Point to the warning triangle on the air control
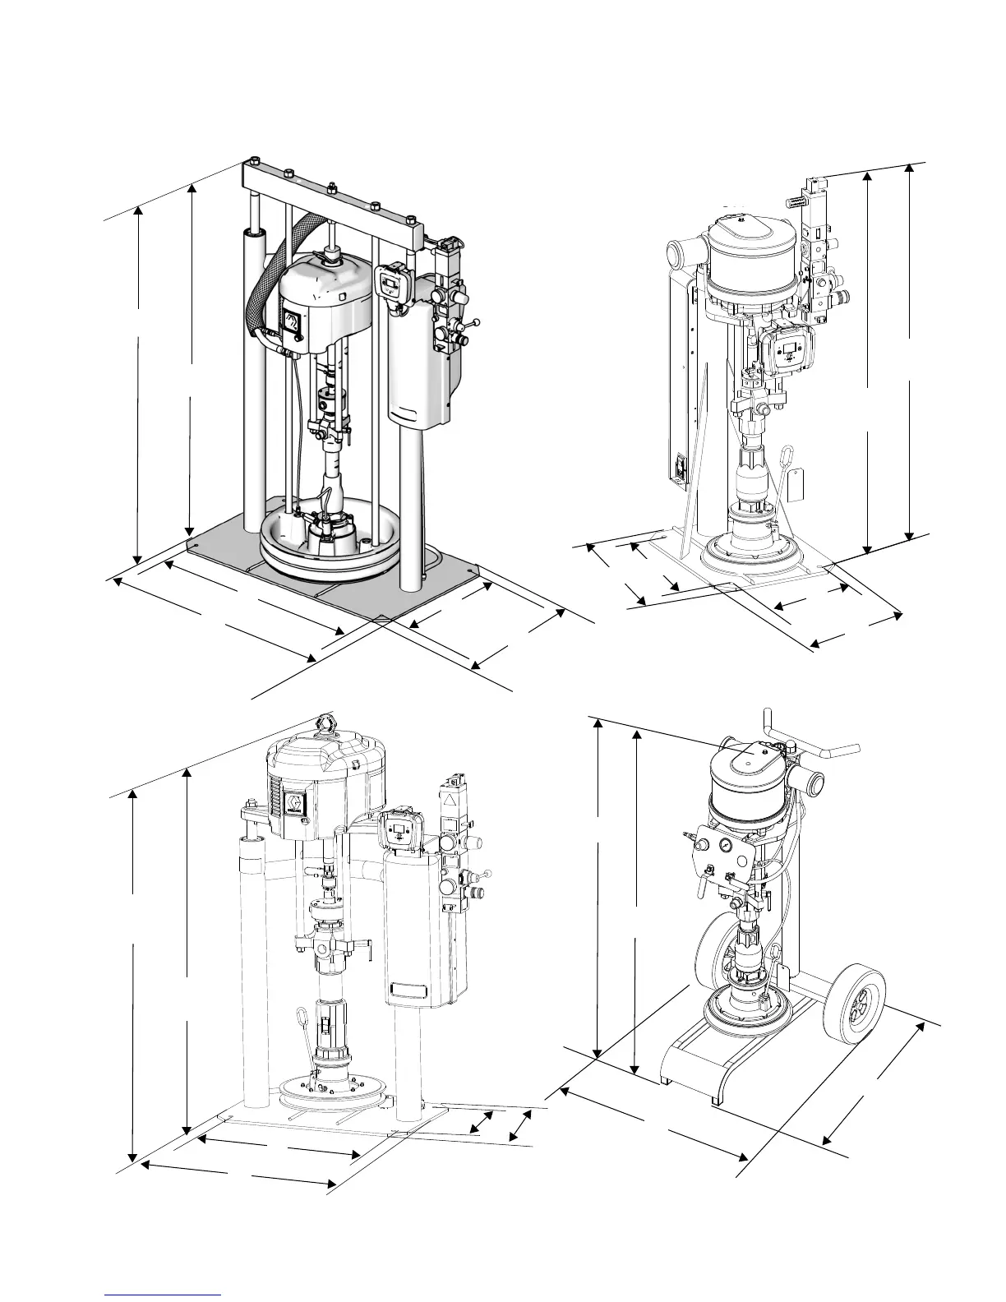pos(451,801)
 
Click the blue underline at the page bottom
pos(164,1294)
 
